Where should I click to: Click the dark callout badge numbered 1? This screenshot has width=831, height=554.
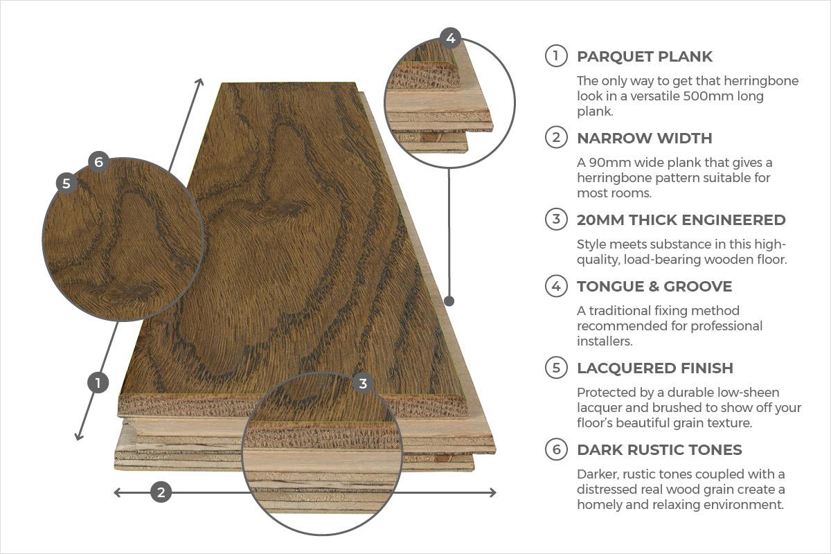[x=98, y=382]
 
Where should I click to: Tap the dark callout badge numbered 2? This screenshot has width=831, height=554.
[x=161, y=492]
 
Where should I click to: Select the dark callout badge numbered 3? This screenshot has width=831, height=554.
[x=363, y=384]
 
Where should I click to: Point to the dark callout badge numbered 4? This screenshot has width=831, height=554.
[x=450, y=38]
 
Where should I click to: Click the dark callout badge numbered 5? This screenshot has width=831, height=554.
[x=66, y=184]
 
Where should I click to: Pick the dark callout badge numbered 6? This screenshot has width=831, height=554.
[x=98, y=162]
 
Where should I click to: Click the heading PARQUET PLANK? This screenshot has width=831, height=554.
[x=645, y=57]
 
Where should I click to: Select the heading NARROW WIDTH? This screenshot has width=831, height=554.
[x=645, y=138]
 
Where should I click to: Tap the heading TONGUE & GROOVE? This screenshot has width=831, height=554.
[x=654, y=287]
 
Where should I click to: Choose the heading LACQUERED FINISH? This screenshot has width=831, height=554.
[x=655, y=368]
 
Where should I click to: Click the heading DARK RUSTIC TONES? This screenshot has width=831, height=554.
[x=659, y=449]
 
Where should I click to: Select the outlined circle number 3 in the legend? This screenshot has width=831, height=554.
[x=556, y=219]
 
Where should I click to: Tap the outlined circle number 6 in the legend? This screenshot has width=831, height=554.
[x=556, y=449]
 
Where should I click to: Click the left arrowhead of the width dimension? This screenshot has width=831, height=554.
[x=116, y=493]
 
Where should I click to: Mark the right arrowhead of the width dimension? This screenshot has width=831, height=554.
[x=493, y=493]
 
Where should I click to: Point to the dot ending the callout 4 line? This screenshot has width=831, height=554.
[x=449, y=301]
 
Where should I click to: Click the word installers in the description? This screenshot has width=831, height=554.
[x=605, y=341]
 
